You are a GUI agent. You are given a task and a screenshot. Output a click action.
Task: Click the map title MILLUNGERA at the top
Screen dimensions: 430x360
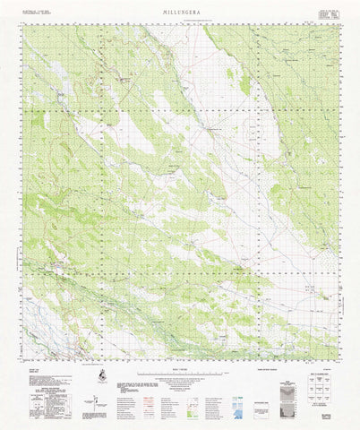[180, 12]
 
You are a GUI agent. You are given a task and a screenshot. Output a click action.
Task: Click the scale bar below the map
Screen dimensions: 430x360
[180, 375]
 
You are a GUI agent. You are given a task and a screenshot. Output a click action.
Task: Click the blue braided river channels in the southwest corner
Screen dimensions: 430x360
[40, 322]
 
